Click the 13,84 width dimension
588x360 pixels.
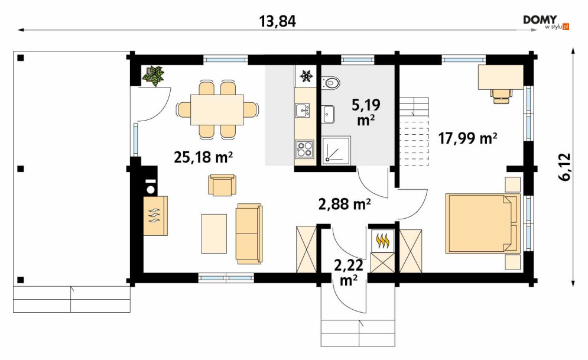[278, 21]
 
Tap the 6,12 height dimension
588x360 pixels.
[565, 167]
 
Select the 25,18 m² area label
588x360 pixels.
[203, 157]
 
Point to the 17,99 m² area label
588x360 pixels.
[468, 138]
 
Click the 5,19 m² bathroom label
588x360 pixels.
[366, 112]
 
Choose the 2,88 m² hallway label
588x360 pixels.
[345, 204]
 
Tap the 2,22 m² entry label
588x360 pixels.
[349, 273]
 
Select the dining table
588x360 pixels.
[217, 110]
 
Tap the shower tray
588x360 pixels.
[336, 150]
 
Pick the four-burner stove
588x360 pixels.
[304, 149]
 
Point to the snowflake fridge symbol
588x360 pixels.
[306, 76]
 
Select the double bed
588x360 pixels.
[483, 223]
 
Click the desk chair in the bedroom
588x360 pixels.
[501, 95]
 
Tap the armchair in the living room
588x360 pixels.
[222, 185]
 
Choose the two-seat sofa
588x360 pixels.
[249, 233]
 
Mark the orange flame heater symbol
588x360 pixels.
[382, 241]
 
